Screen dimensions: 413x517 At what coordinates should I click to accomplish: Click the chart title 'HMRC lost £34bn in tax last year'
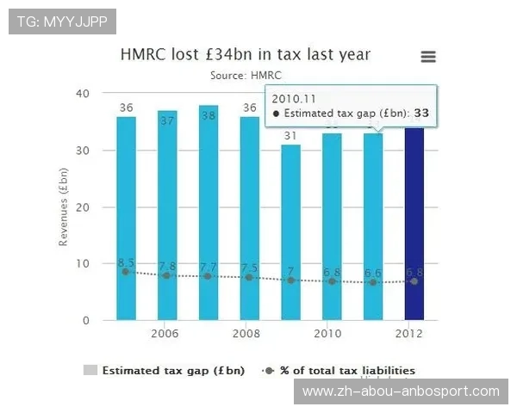246,54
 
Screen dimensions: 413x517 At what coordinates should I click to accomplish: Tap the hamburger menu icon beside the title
427,57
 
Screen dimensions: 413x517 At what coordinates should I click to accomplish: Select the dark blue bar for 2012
414,224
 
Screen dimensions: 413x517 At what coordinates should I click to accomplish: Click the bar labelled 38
209,215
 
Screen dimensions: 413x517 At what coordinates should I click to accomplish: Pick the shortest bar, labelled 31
291,232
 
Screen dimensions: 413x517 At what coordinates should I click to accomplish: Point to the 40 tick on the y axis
83,93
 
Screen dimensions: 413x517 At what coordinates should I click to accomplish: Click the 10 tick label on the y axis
83,264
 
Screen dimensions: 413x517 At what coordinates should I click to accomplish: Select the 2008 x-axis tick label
246,333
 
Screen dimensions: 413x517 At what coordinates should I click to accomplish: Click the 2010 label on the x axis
327,333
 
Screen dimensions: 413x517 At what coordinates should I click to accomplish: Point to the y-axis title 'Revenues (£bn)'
64,206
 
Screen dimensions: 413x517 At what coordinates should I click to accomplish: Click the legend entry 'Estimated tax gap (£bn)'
173,371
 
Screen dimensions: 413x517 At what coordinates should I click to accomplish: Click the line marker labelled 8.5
126,271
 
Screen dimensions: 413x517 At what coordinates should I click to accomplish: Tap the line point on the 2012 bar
414,281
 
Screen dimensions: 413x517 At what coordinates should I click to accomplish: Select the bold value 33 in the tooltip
422,113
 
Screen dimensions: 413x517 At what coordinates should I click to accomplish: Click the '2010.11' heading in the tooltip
292,97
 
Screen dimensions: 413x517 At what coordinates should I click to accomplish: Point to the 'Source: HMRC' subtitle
246,76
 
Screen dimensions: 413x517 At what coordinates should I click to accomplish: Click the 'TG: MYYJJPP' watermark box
62,21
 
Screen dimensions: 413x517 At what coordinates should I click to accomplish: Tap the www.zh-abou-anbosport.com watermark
401,391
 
